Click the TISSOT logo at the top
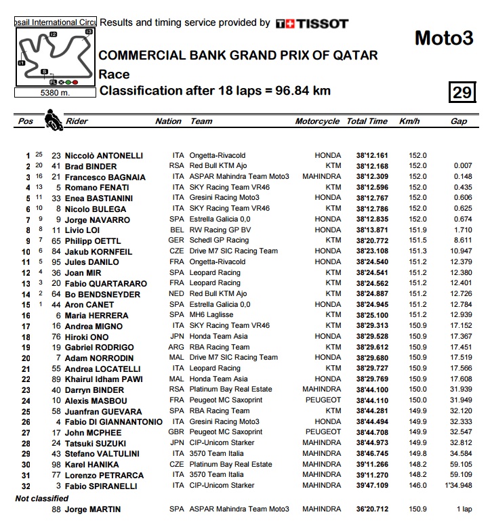point(312,23)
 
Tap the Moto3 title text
point(443,39)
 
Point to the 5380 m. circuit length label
point(55,93)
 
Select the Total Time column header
point(367,122)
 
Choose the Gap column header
point(458,122)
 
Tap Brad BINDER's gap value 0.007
point(463,166)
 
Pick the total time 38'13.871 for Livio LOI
point(367,230)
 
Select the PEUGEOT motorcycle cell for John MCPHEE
point(322,432)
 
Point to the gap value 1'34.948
point(458,486)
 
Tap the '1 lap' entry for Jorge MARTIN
point(464,509)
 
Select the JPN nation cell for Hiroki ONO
point(176,337)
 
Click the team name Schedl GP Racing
point(219,240)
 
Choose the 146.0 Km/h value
point(417,486)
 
